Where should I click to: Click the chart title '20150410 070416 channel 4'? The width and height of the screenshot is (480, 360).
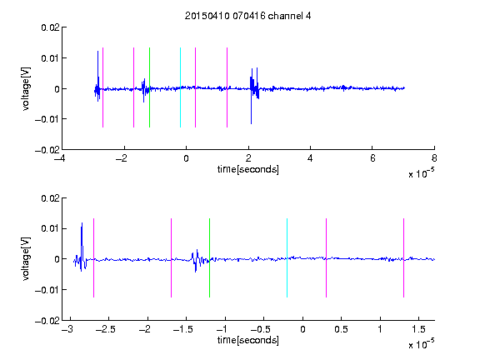click(x=247, y=16)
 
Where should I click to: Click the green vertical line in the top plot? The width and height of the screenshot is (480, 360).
click(x=149, y=87)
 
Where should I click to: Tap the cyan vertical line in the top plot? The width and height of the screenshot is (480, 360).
click(x=180, y=87)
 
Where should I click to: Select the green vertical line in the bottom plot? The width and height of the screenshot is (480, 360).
click(x=209, y=257)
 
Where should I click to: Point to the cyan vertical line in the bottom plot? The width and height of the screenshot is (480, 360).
click(x=287, y=257)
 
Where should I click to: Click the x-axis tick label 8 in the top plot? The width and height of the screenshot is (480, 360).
click(x=434, y=158)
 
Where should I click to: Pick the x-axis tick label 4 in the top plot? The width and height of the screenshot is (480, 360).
click(x=310, y=158)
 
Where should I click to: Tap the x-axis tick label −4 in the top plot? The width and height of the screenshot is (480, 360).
click(x=59, y=158)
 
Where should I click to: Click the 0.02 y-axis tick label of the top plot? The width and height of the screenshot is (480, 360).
click(x=50, y=27)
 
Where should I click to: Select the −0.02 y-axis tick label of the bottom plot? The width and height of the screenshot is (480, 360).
click(x=47, y=321)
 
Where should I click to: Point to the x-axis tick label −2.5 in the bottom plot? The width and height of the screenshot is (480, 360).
click(x=105, y=329)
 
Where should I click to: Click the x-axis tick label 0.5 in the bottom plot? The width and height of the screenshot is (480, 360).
click(x=341, y=329)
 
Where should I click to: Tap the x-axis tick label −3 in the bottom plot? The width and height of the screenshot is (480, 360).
click(x=67, y=329)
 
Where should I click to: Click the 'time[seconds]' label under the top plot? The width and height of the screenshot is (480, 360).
click(x=248, y=169)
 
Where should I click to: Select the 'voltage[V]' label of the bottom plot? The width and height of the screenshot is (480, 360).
click(x=26, y=258)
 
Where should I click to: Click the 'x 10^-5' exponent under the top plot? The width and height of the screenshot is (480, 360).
click(x=421, y=173)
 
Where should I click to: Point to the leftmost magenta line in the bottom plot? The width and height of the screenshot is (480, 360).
click(x=93, y=257)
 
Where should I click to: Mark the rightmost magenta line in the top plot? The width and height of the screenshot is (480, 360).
click(x=227, y=87)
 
